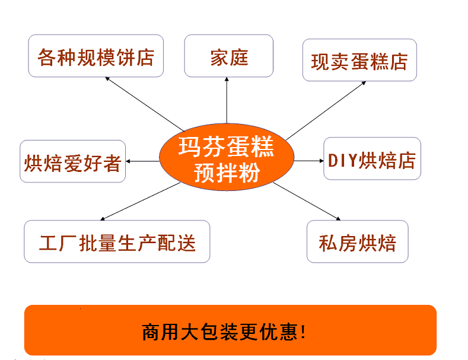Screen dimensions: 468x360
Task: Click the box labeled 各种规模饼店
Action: [x=95, y=56]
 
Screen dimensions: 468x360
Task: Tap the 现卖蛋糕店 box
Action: [x=359, y=60]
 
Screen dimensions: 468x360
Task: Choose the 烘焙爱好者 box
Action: [x=73, y=161]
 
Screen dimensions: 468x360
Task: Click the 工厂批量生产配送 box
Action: [x=117, y=242]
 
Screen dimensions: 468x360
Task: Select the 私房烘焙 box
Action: [x=357, y=242]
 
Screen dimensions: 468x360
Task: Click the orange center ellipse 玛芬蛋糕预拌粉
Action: [x=227, y=159]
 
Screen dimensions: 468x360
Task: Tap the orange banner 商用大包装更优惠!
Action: [x=230, y=330]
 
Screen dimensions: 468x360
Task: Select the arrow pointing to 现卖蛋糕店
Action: [x=326, y=108]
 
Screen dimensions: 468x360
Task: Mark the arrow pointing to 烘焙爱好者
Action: [x=142, y=161]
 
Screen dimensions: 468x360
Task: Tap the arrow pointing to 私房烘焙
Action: [x=305, y=200]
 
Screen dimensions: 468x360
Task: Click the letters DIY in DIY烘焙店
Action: [x=342, y=160]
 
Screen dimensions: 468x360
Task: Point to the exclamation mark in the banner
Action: [x=304, y=331]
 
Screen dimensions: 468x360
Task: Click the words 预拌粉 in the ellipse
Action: [x=227, y=173]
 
